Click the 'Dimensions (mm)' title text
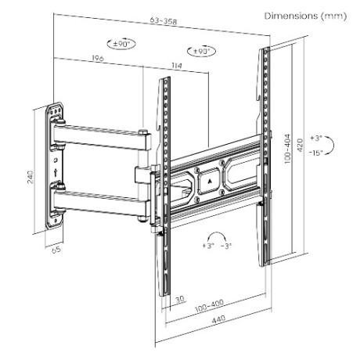pos(304,16)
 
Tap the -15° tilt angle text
pos(315,153)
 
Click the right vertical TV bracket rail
pos(265,157)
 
